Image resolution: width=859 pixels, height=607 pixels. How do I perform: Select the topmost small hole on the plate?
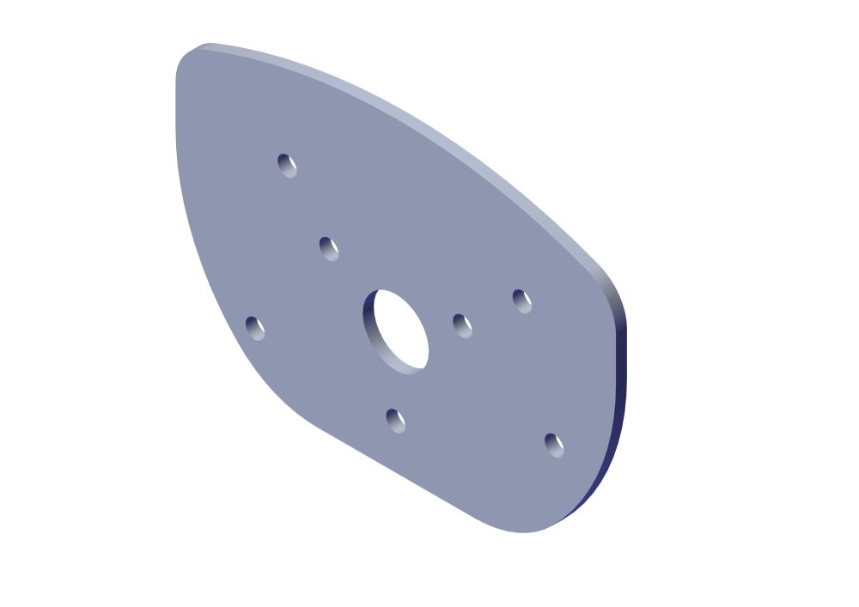tap(287, 164)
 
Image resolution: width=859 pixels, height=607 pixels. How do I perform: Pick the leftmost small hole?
tap(255, 328)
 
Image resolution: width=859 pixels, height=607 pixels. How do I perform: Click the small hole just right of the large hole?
tap(462, 325)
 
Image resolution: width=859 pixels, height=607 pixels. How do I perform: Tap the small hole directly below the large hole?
tap(395, 421)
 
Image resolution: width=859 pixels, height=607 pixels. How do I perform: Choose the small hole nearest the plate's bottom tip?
tap(554, 445)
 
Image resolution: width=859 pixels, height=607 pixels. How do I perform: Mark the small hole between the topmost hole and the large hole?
tap(328, 248)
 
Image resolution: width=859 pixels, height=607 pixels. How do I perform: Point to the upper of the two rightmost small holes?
tap(521, 300)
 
